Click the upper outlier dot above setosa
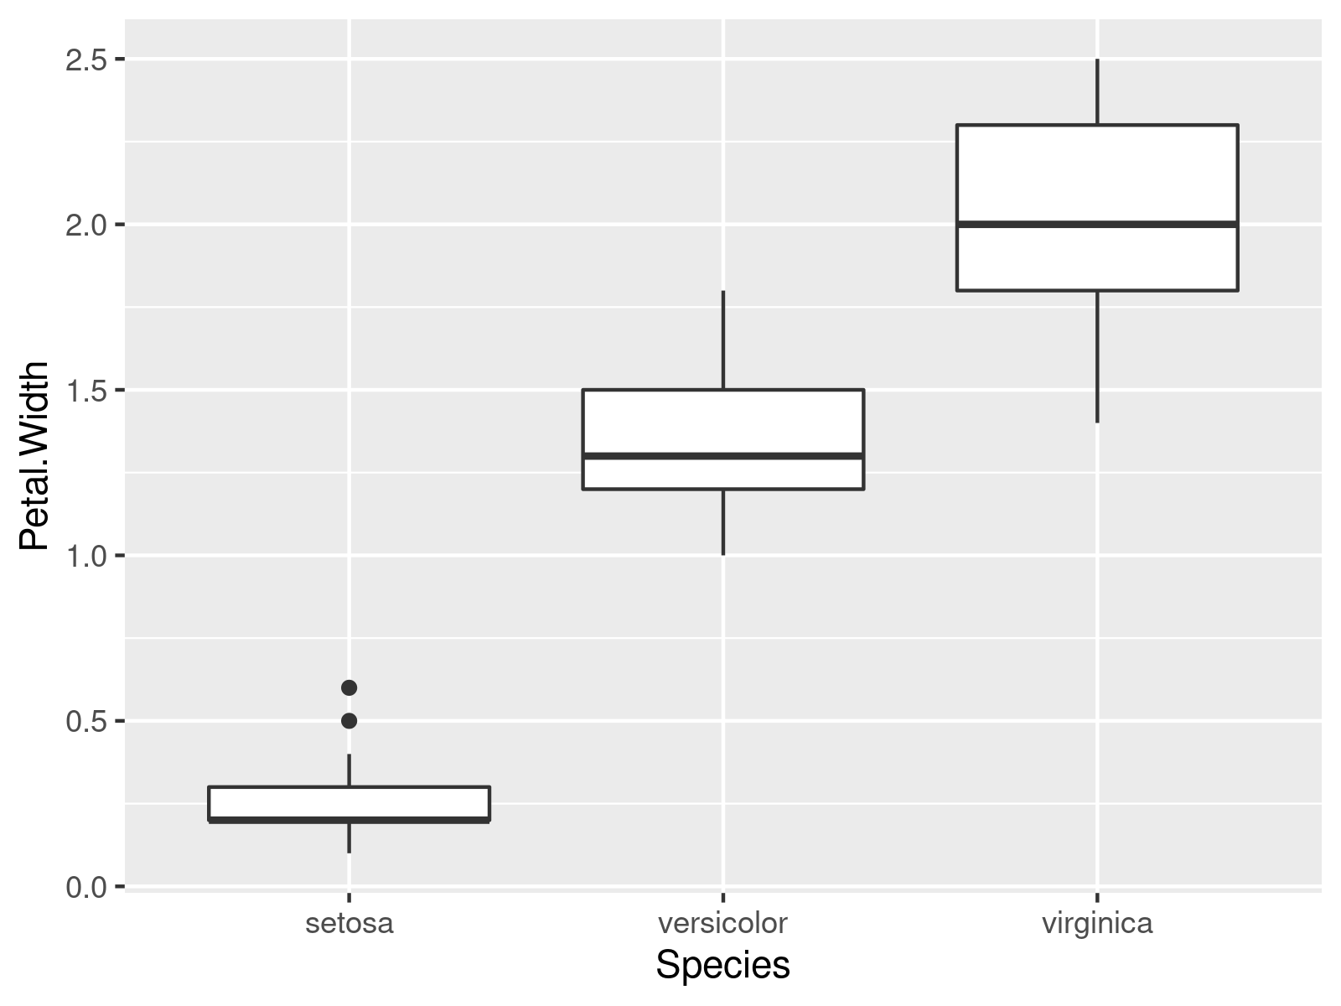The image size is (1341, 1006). (349, 687)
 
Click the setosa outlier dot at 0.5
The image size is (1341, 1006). (349, 721)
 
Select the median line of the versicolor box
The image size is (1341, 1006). (723, 456)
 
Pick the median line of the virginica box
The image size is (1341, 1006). (1097, 224)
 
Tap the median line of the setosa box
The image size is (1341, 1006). (349, 819)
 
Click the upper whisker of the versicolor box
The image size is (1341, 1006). (723, 340)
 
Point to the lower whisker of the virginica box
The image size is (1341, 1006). (1097, 356)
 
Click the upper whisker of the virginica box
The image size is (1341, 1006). (1097, 92)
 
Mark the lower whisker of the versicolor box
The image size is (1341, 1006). (723, 521)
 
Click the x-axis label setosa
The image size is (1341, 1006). (349, 924)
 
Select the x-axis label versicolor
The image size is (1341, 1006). (723, 924)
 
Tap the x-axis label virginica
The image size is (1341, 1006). (1097, 924)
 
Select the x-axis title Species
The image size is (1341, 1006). (723, 966)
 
